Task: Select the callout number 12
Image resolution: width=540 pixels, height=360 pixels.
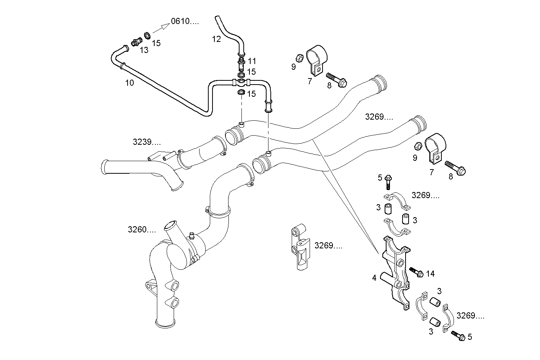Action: (x=216, y=39)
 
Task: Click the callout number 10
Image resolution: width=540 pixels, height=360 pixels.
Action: (x=129, y=83)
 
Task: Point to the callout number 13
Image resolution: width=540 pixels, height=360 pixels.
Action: (x=144, y=50)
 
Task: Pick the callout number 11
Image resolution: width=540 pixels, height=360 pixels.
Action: (x=252, y=61)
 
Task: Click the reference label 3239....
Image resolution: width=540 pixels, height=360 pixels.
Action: (x=147, y=142)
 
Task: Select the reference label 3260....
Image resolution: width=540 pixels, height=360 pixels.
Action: (x=142, y=230)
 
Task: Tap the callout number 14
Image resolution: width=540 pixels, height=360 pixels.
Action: (x=430, y=274)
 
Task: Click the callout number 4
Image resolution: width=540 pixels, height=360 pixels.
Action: (x=374, y=278)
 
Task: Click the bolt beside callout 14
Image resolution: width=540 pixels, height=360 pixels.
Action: (x=416, y=272)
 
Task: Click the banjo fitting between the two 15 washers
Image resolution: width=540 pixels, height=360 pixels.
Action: (x=241, y=82)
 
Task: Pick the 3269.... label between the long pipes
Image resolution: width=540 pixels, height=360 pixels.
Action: (x=379, y=117)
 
